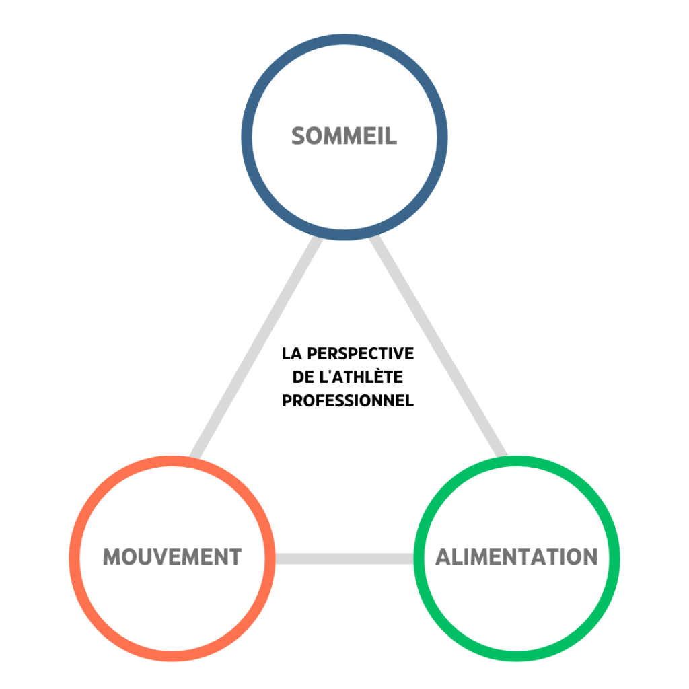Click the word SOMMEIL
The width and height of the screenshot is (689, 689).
click(344, 137)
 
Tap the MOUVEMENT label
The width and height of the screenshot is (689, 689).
click(172, 557)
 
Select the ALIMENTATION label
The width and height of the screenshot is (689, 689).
click(516, 557)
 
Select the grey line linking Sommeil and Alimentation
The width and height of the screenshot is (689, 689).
click(437, 347)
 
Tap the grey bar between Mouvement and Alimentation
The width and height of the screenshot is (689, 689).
click(344, 558)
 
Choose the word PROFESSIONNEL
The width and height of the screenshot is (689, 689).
click(347, 400)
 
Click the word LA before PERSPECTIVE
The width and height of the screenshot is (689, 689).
click(290, 353)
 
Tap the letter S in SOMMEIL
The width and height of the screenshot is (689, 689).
click(299, 137)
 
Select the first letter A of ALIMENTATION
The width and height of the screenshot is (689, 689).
click(444, 557)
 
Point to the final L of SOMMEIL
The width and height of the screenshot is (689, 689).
click(392, 137)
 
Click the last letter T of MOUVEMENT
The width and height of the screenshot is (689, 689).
click(235, 557)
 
